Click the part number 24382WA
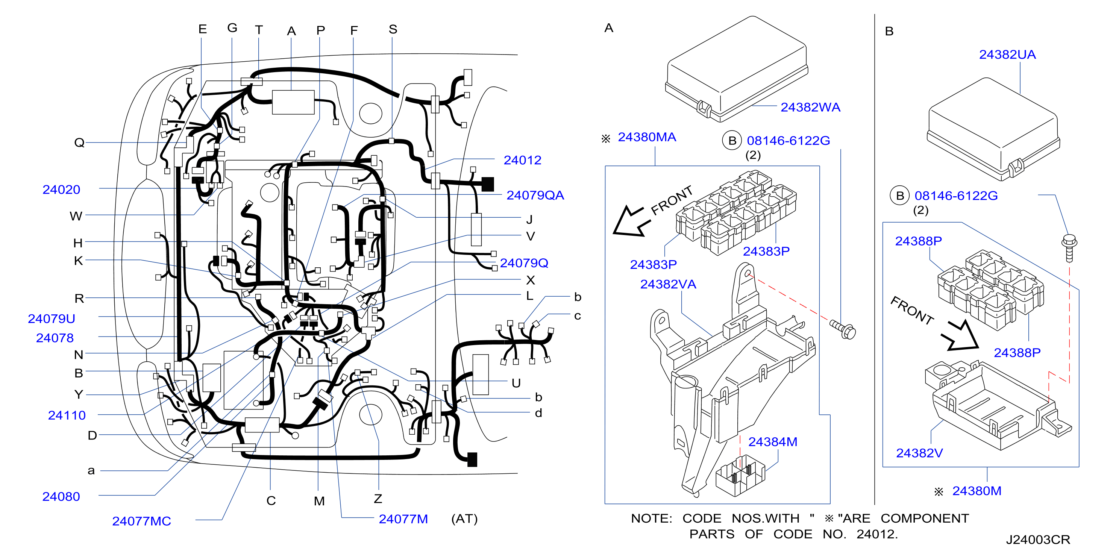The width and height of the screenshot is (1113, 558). pos(810,107)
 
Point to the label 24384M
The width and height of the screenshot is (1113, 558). pos(773,442)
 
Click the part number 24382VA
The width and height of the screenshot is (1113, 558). pos(668,284)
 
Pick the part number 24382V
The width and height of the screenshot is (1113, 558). pos(919,453)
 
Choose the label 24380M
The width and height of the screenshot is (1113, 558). pos(977,491)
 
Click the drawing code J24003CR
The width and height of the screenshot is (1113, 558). pos(1038,540)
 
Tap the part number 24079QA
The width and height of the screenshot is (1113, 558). pos(535,196)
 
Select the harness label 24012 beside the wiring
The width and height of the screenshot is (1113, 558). pos(522,160)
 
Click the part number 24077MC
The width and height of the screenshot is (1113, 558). pos(142,521)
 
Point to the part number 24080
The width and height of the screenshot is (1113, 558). pos(61,497)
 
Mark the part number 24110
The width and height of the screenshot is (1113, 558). pos(67,415)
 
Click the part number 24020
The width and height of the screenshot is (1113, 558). pos(61,190)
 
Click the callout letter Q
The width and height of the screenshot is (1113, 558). pos(79,143)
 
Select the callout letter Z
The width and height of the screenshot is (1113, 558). pos(378,499)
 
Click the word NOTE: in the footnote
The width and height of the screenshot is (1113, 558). pos(652,519)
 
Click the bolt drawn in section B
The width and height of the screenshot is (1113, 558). pos(1069,248)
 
